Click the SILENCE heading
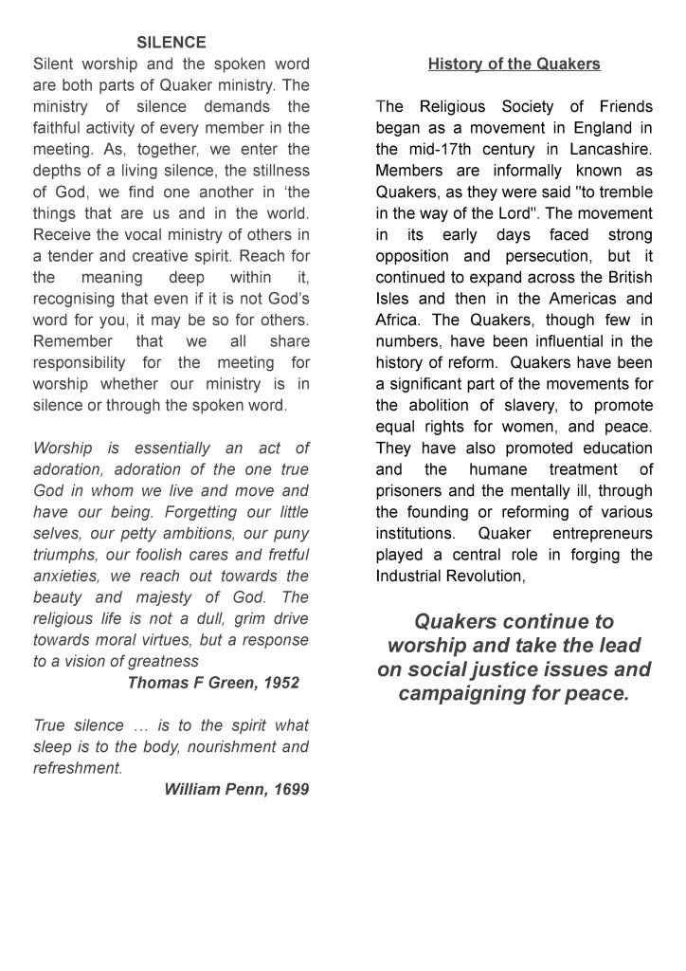[x=171, y=43]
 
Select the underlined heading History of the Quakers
[x=514, y=64]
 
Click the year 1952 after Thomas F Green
[x=281, y=683]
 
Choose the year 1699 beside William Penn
[x=291, y=790]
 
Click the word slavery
[x=524, y=406]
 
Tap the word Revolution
[x=484, y=577]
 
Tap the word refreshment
[x=78, y=769]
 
